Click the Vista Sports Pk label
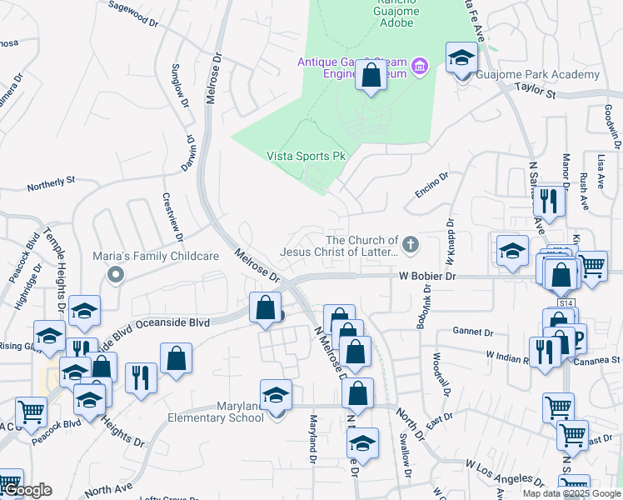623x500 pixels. (x=305, y=156)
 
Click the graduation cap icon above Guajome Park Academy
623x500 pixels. (x=462, y=59)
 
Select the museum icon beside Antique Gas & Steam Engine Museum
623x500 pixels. (x=420, y=65)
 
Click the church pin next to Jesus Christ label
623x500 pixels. (x=409, y=245)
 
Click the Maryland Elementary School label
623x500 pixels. (x=216, y=412)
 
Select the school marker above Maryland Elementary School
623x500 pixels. (x=277, y=395)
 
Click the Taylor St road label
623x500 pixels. (x=535, y=89)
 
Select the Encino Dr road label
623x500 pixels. (x=432, y=188)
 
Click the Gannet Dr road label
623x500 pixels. (x=468, y=331)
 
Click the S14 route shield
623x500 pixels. (x=566, y=303)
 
